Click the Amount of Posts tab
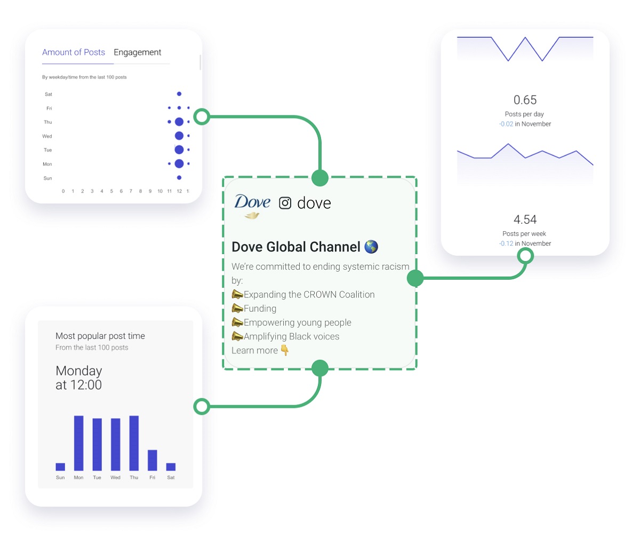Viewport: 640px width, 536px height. pyautogui.click(x=74, y=52)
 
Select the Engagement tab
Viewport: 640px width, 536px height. pyautogui.click(x=137, y=52)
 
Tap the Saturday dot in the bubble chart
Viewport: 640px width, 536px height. pyautogui.click(x=179, y=94)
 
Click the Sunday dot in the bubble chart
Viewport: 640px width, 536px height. pyautogui.click(x=179, y=178)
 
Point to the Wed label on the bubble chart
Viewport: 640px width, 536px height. pyautogui.click(x=47, y=136)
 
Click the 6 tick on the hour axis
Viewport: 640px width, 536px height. pyautogui.click(x=121, y=191)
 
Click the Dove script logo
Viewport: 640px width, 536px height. pyautogui.click(x=252, y=206)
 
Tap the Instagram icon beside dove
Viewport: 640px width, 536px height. pyautogui.click(x=285, y=203)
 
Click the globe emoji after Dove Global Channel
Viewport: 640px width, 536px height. pyautogui.click(x=371, y=247)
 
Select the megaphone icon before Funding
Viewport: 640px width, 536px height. pyautogui.click(x=237, y=308)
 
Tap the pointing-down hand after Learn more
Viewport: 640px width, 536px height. pyautogui.click(x=285, y=350)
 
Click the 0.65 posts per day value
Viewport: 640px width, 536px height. pyautogui.click(x=525, y=100)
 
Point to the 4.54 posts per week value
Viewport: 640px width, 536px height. pyautogui.click(x=525, y=219)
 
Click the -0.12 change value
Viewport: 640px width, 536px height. pyautogui.click(x=506, y=243)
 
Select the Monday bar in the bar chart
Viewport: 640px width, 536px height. pyautogui.click(x=79, y=443)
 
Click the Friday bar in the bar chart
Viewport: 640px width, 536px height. pyautogui.click(x=153, y=460)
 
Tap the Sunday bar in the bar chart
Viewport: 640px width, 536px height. pyautogui.click(x=60, y=467)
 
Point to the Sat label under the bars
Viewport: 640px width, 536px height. pyautogui.click(x=171, y=477)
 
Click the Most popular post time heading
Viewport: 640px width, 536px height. pyautogui.click(x=100, y=336)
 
